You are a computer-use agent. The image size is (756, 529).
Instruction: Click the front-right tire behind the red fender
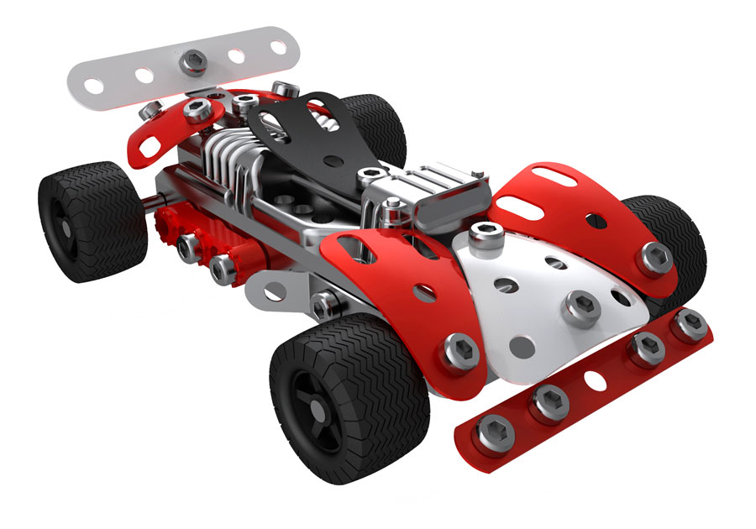[x=672, y=227]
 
